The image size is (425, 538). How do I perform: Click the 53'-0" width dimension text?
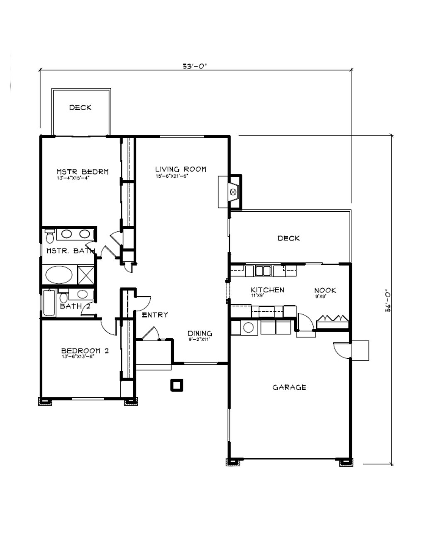coord(195,66)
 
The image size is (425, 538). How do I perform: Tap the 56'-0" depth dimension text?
coord(388,303)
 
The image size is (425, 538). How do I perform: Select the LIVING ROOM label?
coord(181,169)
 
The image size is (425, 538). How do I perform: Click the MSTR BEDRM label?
coord(83,172)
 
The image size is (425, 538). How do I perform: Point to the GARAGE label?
coord(289,387)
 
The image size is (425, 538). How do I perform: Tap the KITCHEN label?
coord(268,290)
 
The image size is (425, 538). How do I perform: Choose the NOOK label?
coord(325,291)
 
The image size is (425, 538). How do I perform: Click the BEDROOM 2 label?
coord(85,351)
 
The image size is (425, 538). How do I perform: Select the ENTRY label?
coord(155,315)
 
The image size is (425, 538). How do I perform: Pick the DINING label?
coord(200,333)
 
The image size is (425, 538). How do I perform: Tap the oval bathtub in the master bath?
coord(59,275)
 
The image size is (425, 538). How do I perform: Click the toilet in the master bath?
coord(50,236)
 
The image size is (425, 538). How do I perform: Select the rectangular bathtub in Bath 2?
coord(49,303)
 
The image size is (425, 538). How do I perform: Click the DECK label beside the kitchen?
coord(289,238)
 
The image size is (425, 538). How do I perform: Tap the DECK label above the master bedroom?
coord(80,108)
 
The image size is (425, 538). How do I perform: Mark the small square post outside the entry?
coord(177,385)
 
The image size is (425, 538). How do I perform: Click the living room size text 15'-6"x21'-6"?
coord(172,176)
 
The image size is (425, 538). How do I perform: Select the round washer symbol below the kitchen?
coord(249,327)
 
